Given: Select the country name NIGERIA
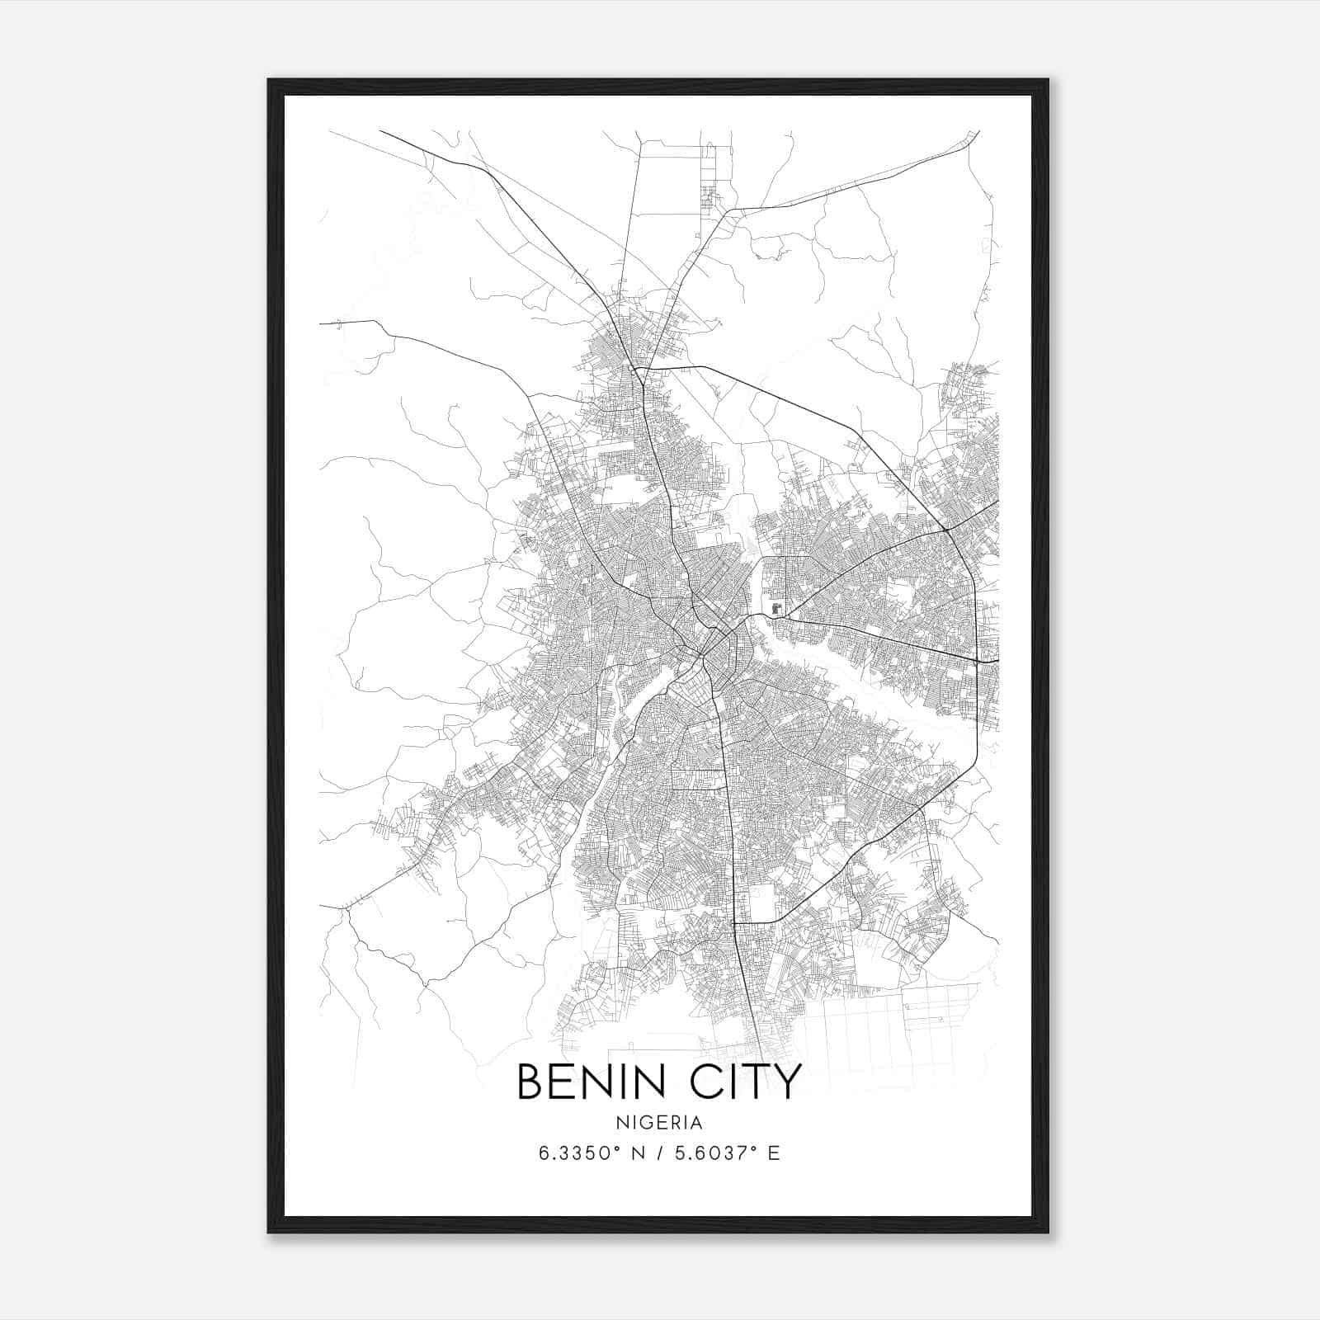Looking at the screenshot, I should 659,1123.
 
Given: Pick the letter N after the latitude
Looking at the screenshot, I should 637,1153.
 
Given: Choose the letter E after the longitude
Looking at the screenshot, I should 774,1153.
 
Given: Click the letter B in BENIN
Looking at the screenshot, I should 529,1082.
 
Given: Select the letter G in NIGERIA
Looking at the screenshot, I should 648,1123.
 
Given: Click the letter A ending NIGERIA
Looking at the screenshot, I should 697,1123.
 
